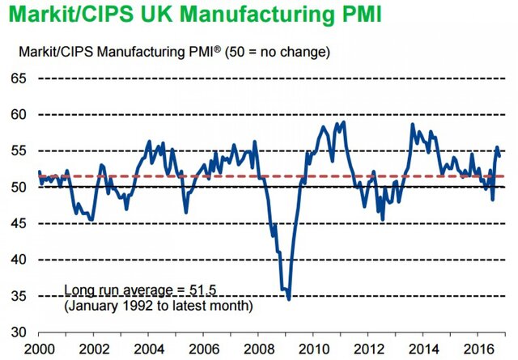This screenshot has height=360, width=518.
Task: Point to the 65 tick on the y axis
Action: pyautogui.click(x=19, y=78)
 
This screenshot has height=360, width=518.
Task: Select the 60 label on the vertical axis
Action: pyautogui.click(x=19, y=115)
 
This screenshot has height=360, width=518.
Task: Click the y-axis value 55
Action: pyautogui.click(x=19, y=151)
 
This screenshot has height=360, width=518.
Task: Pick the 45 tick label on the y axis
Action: pyautogui.click(x=19, y=224)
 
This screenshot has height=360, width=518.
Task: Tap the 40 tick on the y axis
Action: pyautogui.click(x=19, y=260)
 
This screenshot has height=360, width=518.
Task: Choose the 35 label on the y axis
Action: pyautogui.click(x=19, y=297)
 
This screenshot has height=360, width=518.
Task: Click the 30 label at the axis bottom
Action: pyautogui.click(x=19, y=332)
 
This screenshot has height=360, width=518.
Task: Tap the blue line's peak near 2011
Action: pyautogui.click(x=344, y=122)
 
